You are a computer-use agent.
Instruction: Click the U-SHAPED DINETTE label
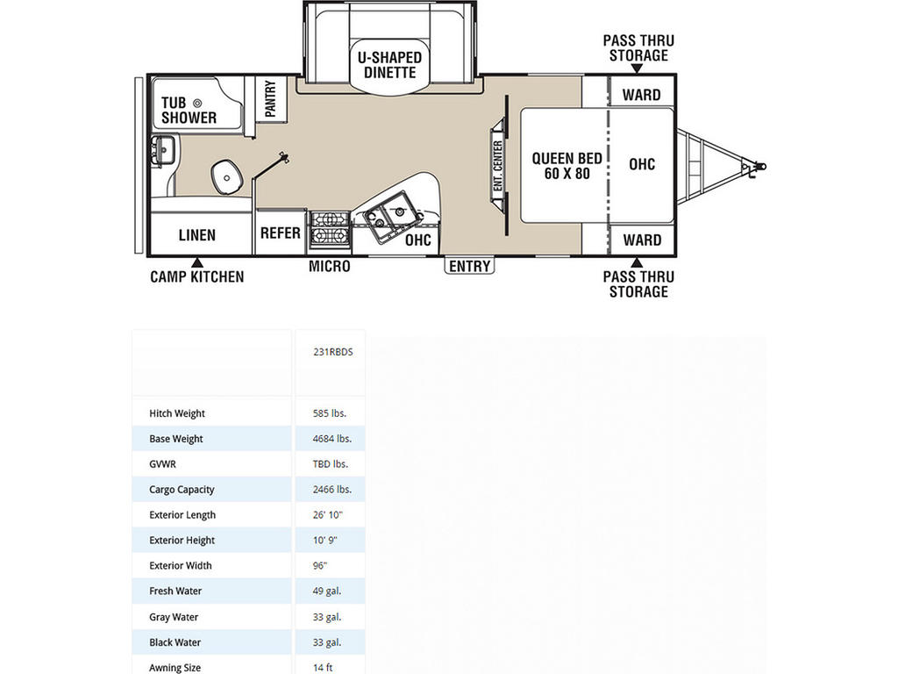389,65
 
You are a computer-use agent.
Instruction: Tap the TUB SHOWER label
189,110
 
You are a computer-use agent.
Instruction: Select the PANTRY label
270,98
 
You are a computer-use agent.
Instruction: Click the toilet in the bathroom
226,177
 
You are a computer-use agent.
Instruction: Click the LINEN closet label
197,235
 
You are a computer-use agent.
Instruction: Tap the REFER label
280,233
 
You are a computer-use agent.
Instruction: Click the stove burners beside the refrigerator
330,227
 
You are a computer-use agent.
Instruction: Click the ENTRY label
470,266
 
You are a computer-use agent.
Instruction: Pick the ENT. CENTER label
497,165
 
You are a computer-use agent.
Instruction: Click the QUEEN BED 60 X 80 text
567,166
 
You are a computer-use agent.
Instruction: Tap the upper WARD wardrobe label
641,95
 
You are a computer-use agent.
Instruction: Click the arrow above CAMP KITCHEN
197,262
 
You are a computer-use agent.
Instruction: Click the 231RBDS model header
332,352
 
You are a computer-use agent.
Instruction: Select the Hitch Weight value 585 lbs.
330,413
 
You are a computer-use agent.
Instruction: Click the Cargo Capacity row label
182,490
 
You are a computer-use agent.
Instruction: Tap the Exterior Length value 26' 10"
328,514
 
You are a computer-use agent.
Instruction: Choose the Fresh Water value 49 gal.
327,591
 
